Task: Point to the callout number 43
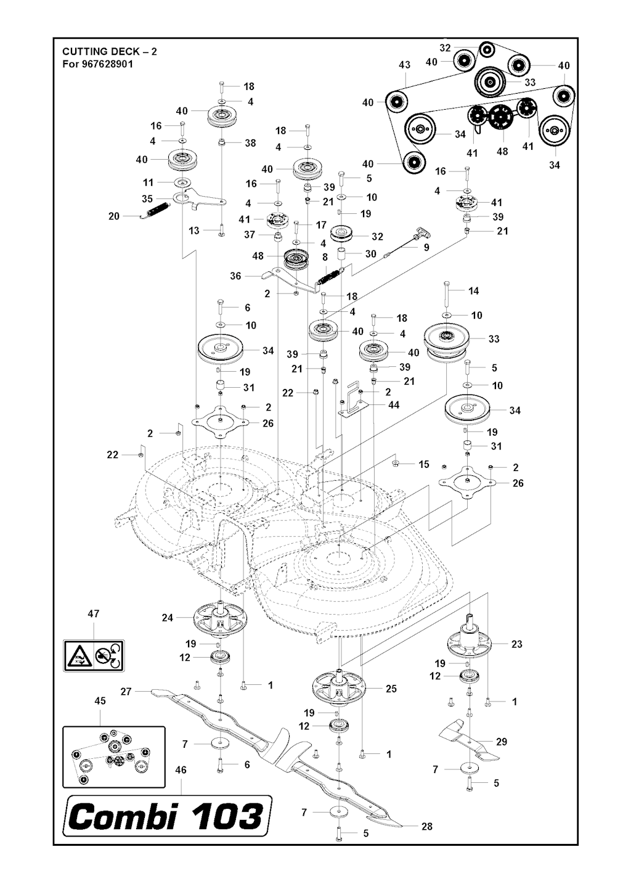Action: (404, 65)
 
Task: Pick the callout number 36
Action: (235, 276)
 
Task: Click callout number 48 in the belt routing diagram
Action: (502, 151)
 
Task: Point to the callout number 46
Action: (181, 770)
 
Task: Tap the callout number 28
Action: (426, 826)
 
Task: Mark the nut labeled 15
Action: (396, 464)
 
